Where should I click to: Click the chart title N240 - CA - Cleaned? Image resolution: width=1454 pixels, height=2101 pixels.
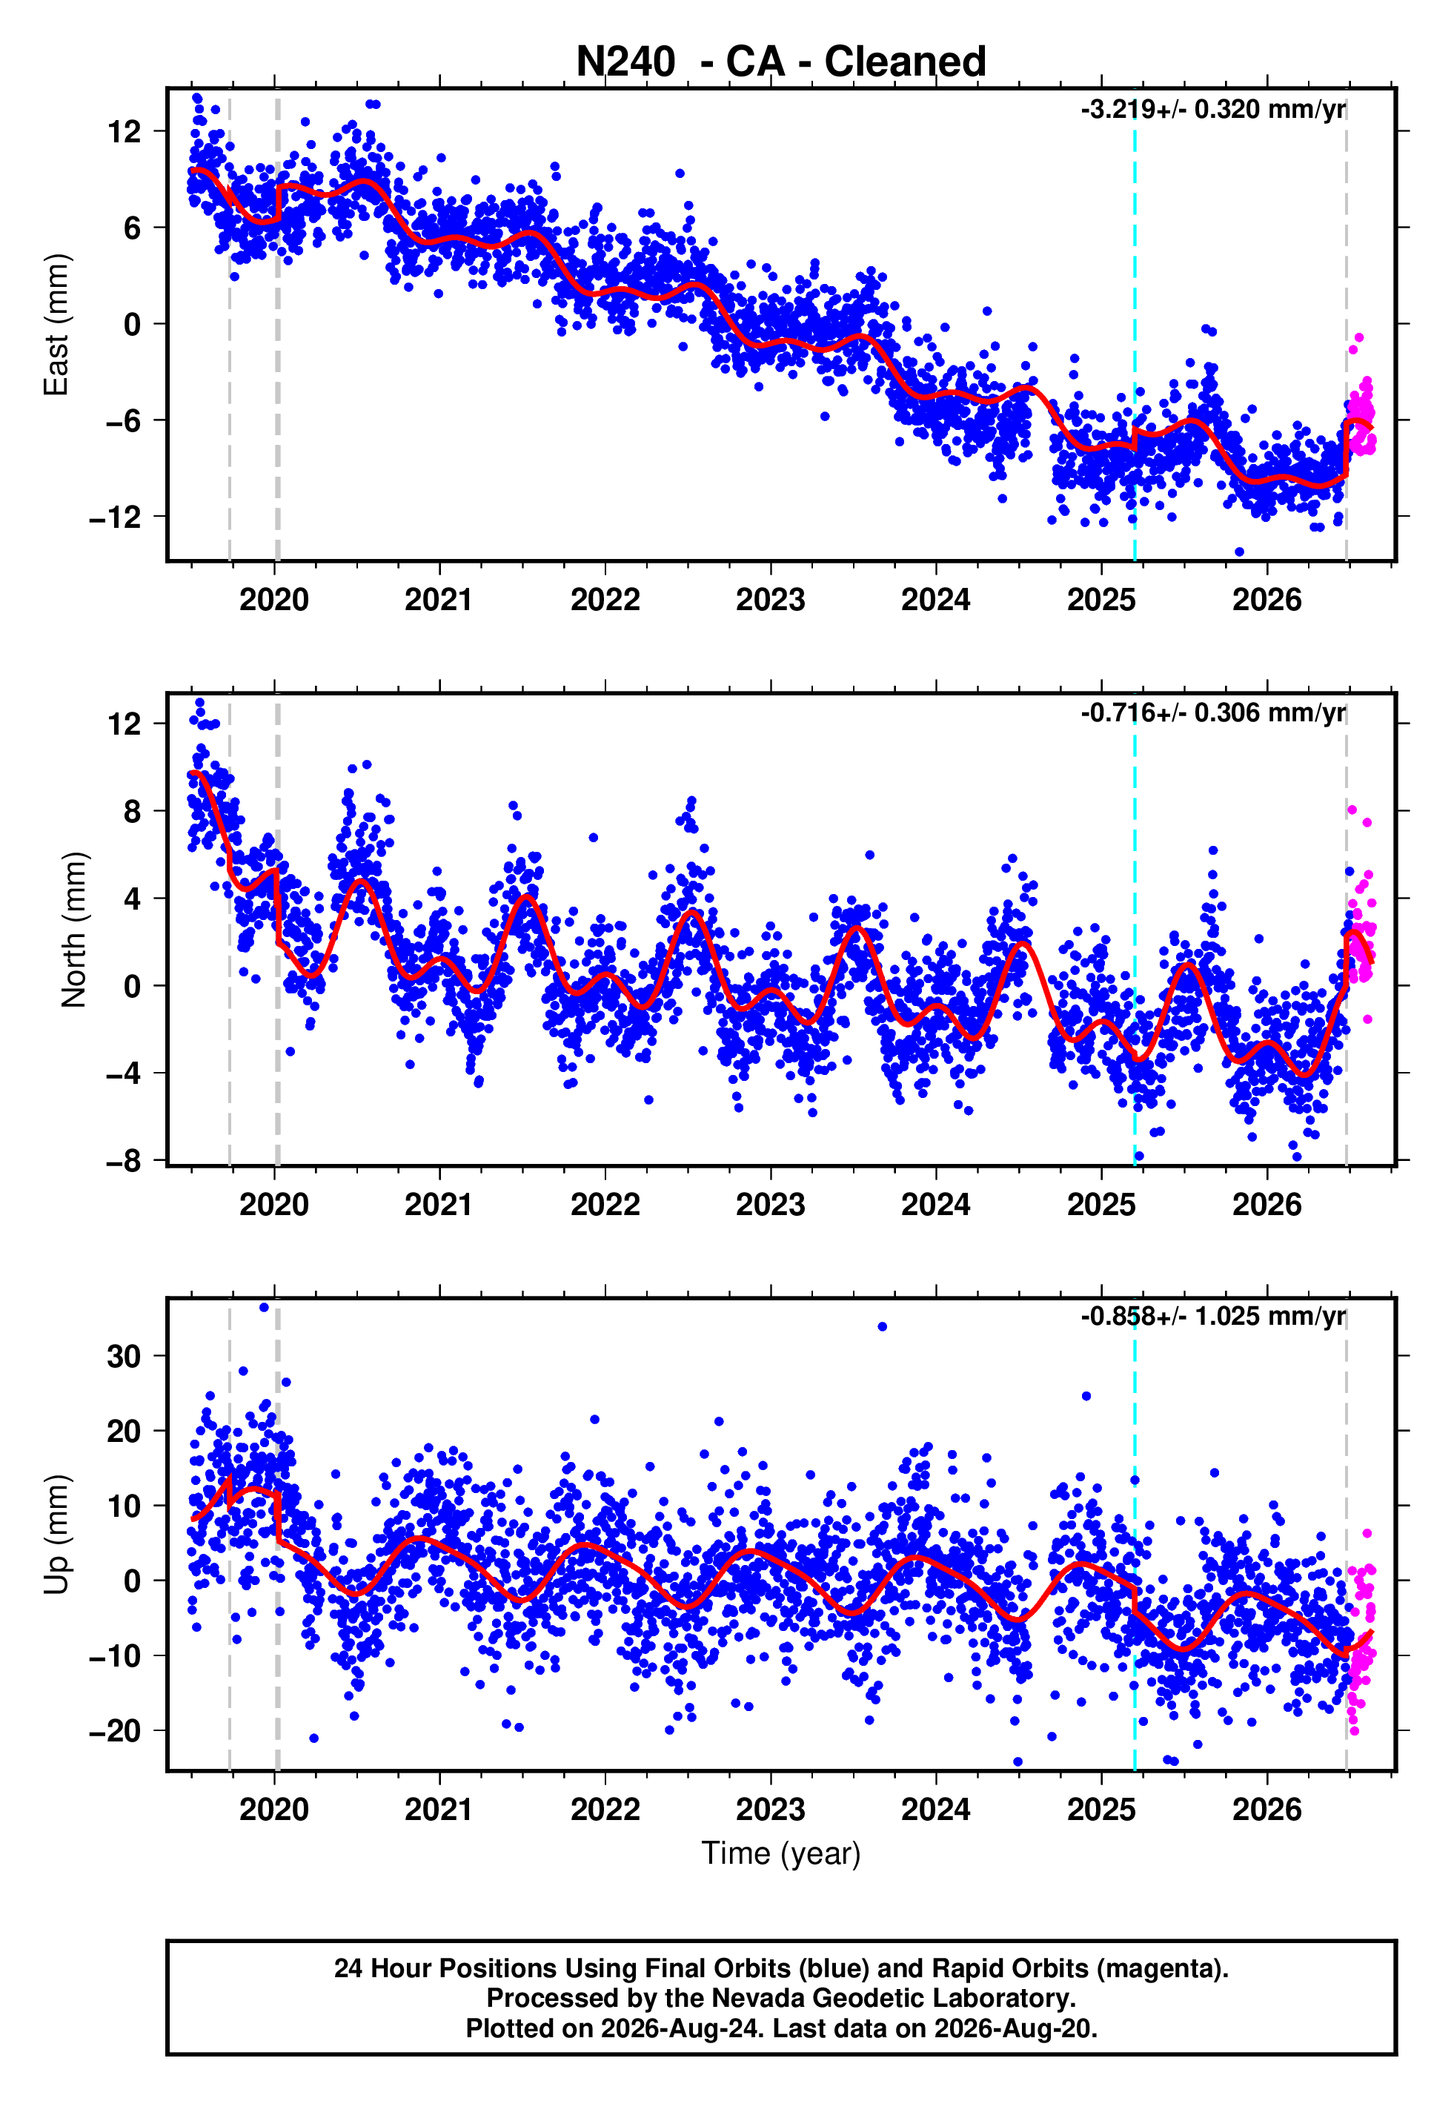pos(781,62)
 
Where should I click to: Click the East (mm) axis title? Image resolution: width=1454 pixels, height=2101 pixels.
pos(56,325)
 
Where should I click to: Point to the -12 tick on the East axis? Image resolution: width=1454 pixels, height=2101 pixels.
pos(116,517)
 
